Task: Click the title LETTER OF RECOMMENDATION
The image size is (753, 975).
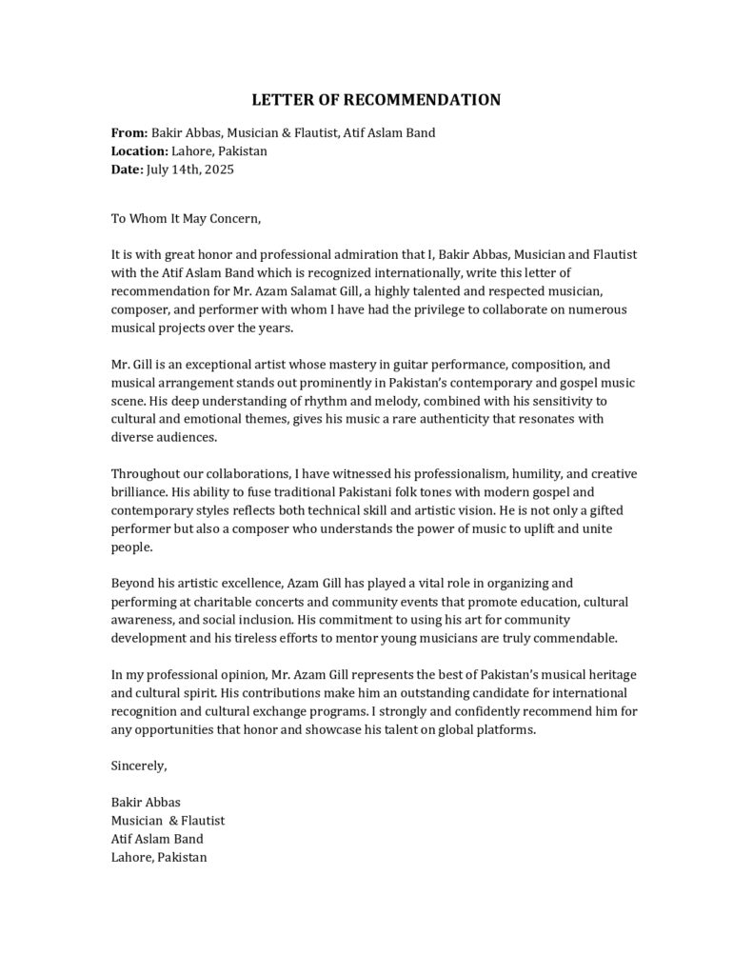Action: click(x=376, y=100)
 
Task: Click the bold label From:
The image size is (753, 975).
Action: click(x=129, y=133)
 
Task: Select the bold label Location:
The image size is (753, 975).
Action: click(x=139, y=151)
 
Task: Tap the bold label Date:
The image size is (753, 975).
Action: click(x=127, y=169)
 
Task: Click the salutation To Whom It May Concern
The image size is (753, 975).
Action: click(x=185, y=218)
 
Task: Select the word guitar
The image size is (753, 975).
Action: click(x=392, y=365)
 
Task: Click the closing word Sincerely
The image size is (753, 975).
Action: click(x=139, y=766)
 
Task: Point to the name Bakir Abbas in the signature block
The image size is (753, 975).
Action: click(x=146, y=802)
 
